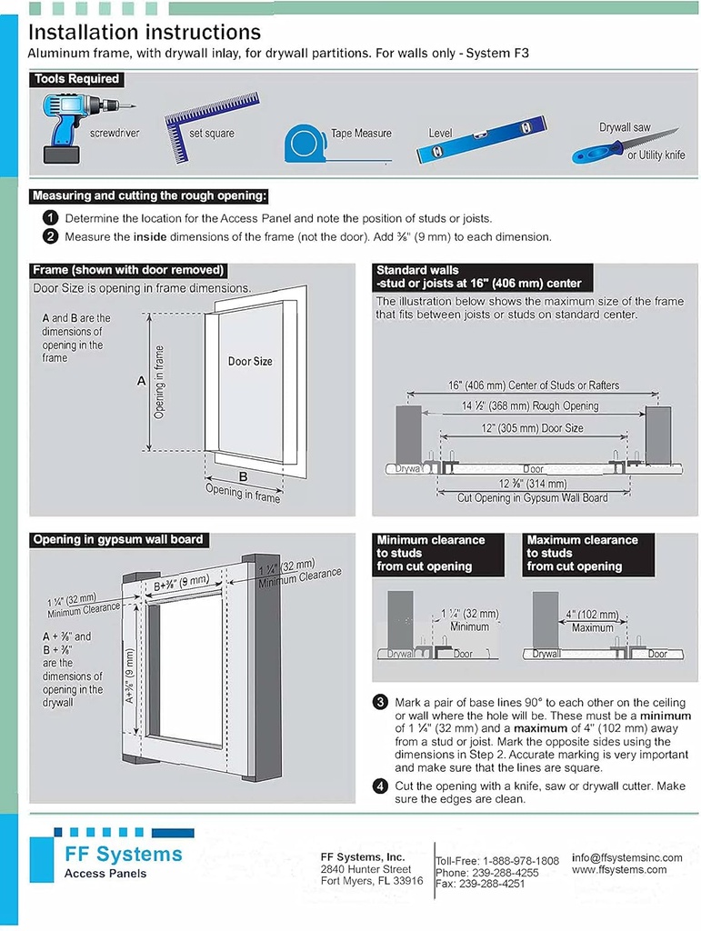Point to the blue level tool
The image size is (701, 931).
click(x=481, y=140)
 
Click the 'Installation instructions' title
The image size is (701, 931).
click(x=145, y=33)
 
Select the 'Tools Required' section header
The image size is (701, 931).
click(x=76, y=79)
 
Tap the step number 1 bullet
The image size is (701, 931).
click(x=50, y=218)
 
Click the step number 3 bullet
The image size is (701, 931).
click(x=381, y=703)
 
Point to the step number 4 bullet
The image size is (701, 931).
click(x=381, y=786)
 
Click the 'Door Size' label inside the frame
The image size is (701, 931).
click(x=250, y=361)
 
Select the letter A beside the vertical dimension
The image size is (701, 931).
click(x=141, y=382)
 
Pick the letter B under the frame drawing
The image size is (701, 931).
click(x=243, y=476)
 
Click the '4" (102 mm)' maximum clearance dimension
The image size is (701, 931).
click(x=592, y=615)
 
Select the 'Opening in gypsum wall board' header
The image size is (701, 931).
click(x=118, y=540)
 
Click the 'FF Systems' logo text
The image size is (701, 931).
click(x=123, y=855)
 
